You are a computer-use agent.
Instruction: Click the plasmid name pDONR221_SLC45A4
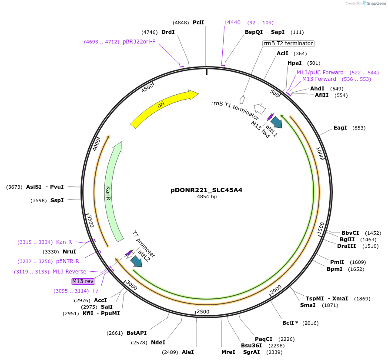207,190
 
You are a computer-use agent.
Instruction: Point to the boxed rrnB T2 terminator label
288,43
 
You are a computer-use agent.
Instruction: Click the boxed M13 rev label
83,281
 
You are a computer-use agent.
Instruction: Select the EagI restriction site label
340,128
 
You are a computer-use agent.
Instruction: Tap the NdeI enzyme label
158,343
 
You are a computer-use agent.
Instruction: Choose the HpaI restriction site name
294,63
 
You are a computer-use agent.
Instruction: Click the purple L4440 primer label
232,22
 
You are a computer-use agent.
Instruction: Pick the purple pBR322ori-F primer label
139,42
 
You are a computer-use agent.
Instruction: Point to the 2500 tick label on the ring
203,312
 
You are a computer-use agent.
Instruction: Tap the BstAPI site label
137,333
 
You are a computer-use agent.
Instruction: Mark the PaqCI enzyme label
264,339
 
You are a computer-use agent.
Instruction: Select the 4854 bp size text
207,197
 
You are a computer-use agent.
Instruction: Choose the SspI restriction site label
57,200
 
